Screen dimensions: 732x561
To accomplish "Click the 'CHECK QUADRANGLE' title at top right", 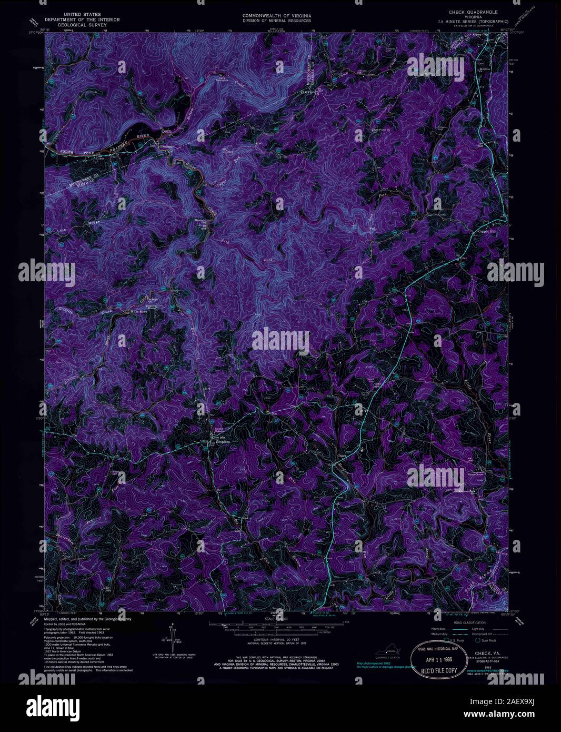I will [473, 11].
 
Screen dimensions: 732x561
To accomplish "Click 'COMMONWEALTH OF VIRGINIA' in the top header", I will [276, 16].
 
